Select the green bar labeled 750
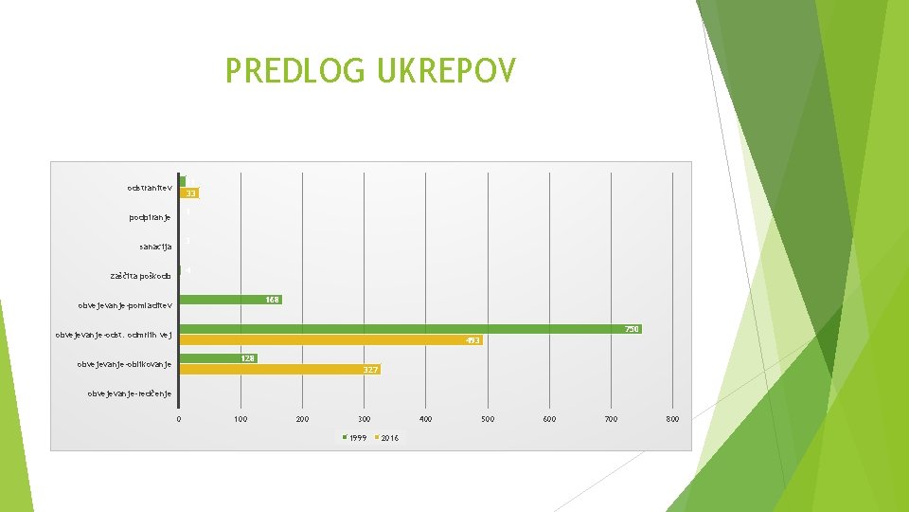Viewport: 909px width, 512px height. (407, 329)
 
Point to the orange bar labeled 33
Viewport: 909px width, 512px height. (189, 193)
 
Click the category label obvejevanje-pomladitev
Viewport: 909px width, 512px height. (125, 305)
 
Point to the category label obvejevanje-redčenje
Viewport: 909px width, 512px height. (129, 393)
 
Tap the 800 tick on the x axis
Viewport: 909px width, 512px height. (672, 418)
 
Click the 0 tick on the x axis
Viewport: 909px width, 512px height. (179, 418)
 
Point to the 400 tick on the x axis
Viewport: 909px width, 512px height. (425, 418)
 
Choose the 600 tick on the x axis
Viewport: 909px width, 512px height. (549, 418)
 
